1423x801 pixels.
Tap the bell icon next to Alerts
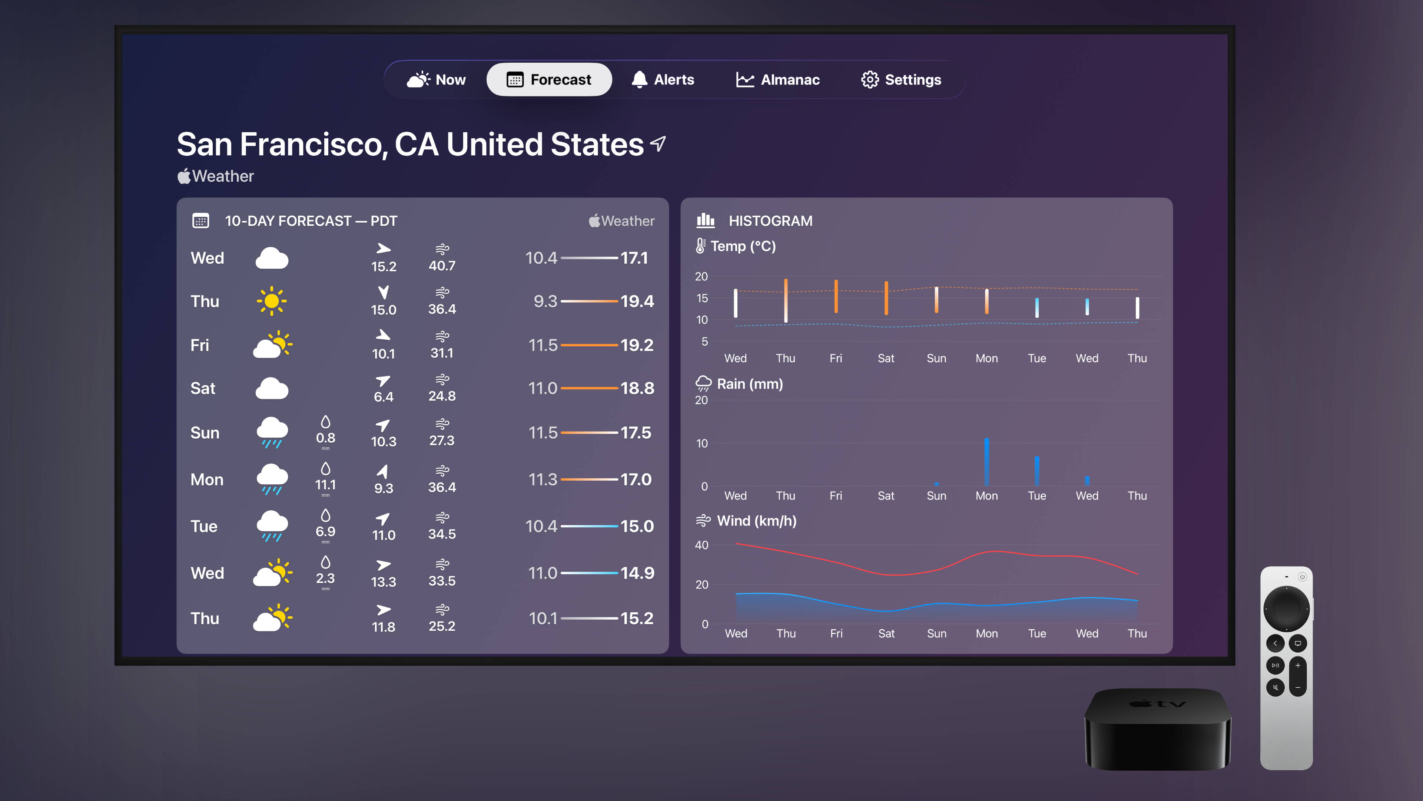[639, 80]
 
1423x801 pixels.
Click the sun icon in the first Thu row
[271, 301]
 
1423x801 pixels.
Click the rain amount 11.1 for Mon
[325, 485]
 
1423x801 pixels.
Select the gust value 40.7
[442, 266]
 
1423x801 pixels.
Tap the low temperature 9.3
[545, 301]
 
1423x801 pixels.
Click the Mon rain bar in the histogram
[986, 462]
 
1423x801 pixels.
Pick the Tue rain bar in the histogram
[1037, 471]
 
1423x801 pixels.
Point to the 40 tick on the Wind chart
[701, 545]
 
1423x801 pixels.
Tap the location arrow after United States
[658, 144]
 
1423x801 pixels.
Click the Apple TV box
[1158, 730]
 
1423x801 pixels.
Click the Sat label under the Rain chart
[886, 496]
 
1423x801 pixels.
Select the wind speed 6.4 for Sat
[384, 397]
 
